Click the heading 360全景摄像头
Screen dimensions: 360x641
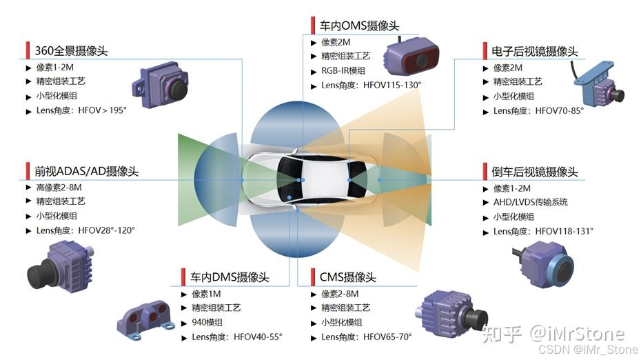click(x=71, y=50)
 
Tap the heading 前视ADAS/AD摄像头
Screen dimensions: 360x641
click(x=86, y=171)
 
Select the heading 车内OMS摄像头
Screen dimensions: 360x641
click(x=359, y=26)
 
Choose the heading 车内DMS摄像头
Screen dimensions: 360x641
click(x=230, y=277)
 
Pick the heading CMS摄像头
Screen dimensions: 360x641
click(x=347, y=277)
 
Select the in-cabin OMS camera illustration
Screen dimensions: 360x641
click(x=411, y=57)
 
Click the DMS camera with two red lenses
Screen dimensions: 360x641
click(x=147, y=319)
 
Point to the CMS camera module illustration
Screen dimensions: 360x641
click(x=451, y=314)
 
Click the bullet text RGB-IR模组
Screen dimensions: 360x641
click(x=343, y=70)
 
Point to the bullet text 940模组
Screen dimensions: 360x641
click(x=207, y=322)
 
